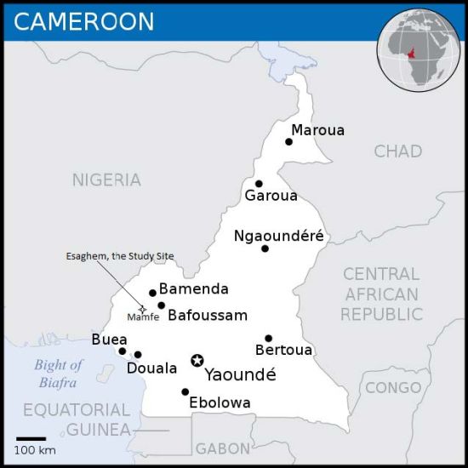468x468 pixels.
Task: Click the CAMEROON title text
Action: [84, 21]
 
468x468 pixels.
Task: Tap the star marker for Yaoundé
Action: [197, 361]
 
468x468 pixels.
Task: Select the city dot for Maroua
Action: [289, 141]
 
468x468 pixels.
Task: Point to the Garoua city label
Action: [271, 197]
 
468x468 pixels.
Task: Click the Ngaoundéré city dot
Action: [265, 248]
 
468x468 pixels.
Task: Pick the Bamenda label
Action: [193, 289]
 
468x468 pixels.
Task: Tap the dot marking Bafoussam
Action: [161, 305]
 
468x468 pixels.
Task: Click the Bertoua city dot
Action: [268, 338]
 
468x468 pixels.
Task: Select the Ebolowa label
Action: [220, 402]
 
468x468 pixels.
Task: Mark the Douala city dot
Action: [138, 355]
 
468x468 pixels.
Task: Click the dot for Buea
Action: [123, 351]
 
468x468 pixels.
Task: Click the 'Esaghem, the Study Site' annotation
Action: [114, 255]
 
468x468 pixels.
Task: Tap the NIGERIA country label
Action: [106, 180]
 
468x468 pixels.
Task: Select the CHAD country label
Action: [397, 151]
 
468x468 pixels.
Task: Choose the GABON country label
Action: [223, 448]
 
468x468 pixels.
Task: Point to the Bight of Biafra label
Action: [59, 374]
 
